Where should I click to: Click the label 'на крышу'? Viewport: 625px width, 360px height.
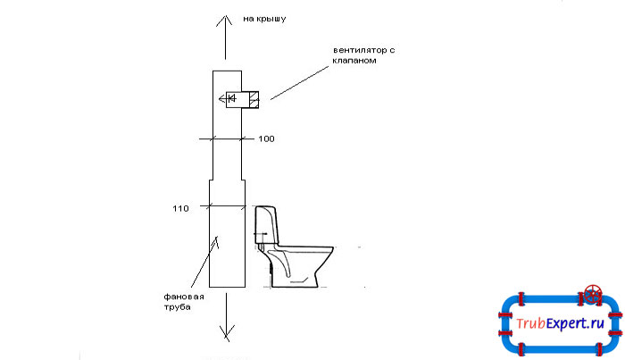[x=264, y=19]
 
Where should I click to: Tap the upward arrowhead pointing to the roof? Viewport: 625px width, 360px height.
[x=224, y=21]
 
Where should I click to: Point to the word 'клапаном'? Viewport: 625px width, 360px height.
[x=354, y=61]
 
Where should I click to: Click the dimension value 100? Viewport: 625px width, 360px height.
[x=266, y=138]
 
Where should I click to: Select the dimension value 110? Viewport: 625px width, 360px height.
[x=180, y=208]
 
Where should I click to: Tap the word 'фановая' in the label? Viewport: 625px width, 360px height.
[x=184, y=297]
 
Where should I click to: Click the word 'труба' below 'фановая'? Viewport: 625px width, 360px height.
[x=177, y=307]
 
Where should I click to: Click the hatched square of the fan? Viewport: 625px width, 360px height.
[x=254, y=99]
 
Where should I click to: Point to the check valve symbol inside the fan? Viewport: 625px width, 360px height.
[x=230, y=97]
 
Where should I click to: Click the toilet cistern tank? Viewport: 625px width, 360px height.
[x=266, y=225]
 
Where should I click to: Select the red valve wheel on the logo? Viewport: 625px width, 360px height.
[x=593, y=295]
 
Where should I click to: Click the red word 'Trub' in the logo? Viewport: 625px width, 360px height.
[x=530, y=322]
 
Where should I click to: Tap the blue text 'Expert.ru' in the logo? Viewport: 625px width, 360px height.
[x=575, y=323]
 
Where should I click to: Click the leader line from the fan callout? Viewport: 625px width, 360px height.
[x=299, y=82]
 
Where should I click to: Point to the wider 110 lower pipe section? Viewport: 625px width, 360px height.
[x=227, y=233]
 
